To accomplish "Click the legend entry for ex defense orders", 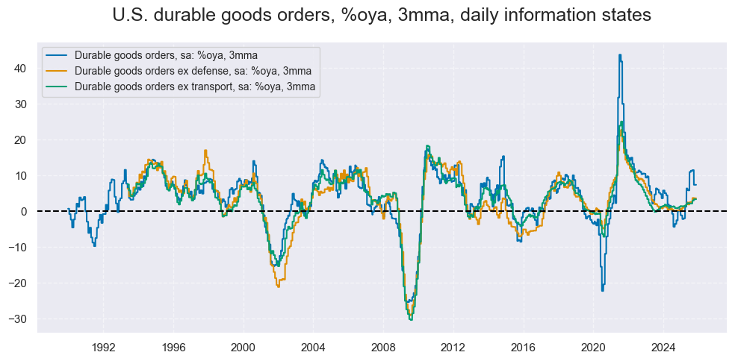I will pyautogui.click(x=193, y=71).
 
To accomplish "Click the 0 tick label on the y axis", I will pyautogui.click(x=23, y=212).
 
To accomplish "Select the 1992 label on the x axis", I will pyautogui.click(x=103, y=347).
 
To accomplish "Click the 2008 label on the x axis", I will pyautogui.click(x=383, y=347).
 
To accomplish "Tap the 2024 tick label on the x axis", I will pyautogui.click(x=663, y=347).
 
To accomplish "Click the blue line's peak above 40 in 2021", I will pyautogui.click(x=620, y=54).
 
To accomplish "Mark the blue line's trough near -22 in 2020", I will pyautogui.click(x=602, y=290).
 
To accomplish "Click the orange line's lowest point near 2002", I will pyautogui.click(x=278, y=286).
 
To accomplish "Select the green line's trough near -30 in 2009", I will pyautogui.click(x=411, y=319).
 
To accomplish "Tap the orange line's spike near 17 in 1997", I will pyautogui.click(x=205, y=151).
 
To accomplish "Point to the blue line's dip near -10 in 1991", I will pyautogui.click(x=94, y=246).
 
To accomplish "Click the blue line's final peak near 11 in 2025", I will pyautogui.click(x=692, y=171).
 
